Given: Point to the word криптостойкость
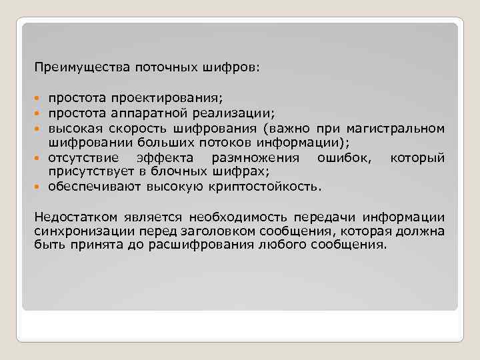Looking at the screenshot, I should click(275, 185).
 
